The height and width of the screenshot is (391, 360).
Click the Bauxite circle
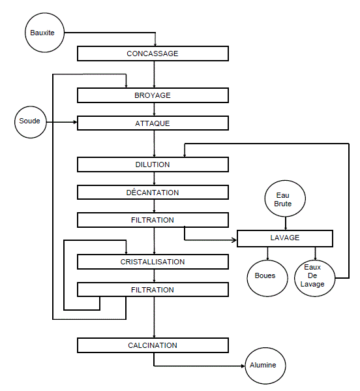point(44,33)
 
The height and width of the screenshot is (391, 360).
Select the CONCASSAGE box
point(153,54)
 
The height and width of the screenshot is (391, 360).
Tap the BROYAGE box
point(153,95)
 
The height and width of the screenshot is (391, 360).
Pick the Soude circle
point(31,122)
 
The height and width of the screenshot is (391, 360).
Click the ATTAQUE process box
point(153,123)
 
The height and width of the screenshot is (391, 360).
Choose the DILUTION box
point(153,164)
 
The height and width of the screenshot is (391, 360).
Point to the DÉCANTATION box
point(153,193)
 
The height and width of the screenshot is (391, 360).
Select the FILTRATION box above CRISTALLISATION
point(153,220)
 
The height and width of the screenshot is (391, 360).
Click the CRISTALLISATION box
point(153,262)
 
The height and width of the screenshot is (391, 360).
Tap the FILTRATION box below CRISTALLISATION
point(153,290)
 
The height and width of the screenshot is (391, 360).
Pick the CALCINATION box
point(153,345)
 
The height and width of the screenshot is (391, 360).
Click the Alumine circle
point(265,366)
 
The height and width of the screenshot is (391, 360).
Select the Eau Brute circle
point(285,198)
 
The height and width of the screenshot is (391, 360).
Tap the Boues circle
point(267,278)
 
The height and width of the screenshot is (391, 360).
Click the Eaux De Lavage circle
point(314,278)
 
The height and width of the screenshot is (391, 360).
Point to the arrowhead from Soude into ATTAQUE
point(75,122)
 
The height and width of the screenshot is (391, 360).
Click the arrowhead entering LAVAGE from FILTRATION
point(234,240)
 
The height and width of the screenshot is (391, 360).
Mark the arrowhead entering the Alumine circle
point(243,366)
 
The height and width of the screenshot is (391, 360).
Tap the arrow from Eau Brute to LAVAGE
point(286,223)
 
